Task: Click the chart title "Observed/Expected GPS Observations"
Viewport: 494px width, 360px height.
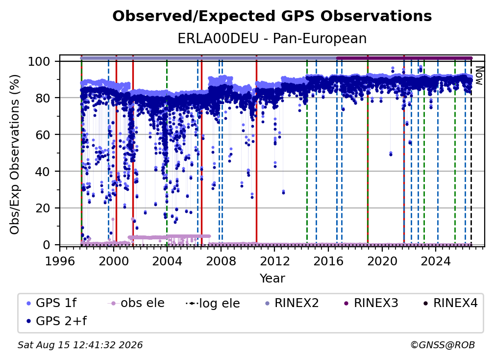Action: coord(272,16)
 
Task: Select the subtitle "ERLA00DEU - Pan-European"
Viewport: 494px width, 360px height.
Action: coord(272,39)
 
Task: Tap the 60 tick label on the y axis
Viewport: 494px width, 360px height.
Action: coord(43,134)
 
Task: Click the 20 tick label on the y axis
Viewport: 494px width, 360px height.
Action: coord(43,208)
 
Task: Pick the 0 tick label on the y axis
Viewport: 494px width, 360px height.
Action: coord(47,245)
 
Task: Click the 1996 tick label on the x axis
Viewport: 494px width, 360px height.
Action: coord(60,261)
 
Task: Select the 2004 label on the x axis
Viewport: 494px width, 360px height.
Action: coord(167,261)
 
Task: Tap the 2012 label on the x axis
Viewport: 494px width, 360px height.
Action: coord(274,261)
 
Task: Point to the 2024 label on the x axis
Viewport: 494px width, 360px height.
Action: coord(436,261)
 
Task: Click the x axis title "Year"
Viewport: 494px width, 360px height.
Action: coord(272,279)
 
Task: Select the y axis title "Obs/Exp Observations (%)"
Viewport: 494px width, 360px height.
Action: coord(15,154)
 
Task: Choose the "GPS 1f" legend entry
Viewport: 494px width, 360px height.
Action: coord(51,303)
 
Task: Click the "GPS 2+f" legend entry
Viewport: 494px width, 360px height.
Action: coord(57,321)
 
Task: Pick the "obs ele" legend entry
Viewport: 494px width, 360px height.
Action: coord(136,303)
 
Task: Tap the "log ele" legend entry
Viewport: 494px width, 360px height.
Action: coord(213,303)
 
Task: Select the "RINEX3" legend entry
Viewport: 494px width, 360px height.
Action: coord(371,303)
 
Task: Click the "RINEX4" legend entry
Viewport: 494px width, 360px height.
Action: coord(450,303)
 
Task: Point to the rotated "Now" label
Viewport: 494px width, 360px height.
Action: coord(478,76)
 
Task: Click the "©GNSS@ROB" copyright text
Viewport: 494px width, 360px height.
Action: coord(443,345)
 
